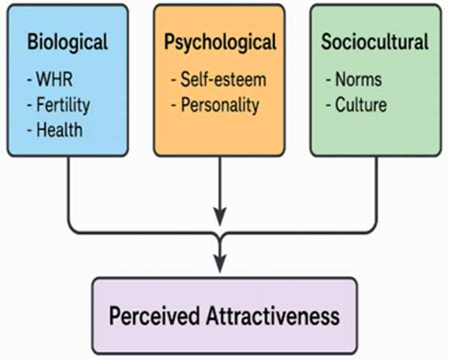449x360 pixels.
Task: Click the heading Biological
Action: (x=67, y=42)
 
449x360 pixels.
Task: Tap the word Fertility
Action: (x=62, y=105)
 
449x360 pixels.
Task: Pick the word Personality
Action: (x=223, y=105)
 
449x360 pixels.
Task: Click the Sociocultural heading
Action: (x=374, y=42)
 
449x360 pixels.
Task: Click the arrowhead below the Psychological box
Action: (x=220, y=217)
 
